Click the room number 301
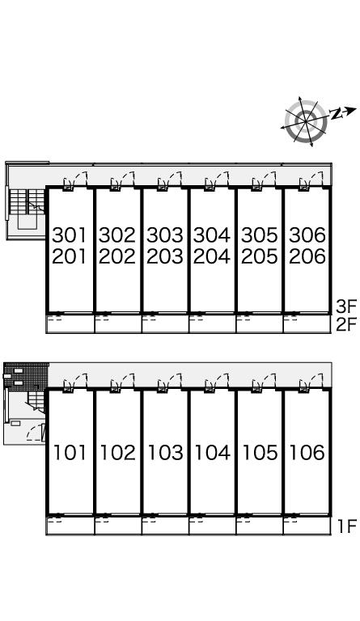pyautogui.click(x=70, y=235)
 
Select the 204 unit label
pyautogui.click(x=212, y=256)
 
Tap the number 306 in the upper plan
pyautogui.click(x=307, y=235)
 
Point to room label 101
pyautogui.click(x=70, y=453)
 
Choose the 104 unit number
pyautogui.click(x=212, y=453)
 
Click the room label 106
pyautogui.click(x=307, y=453)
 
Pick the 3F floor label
pyautogui.click(x=346, y=306)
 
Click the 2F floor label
pyautogui.click(x=346, y=325)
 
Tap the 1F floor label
pyautogui.click(x=347, y=526)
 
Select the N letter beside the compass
pyautogui.click(x=336, y=114)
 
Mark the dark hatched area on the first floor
pyautogui.click(x=26, y=377)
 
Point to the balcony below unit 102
pyautogui.click(x=118, y=526)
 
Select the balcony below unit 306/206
pyautogui.click(x=307, y=324)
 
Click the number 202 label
pyautogui.click(x=117, y=256)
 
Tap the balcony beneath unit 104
pyautogui.click(x=213, y=526)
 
